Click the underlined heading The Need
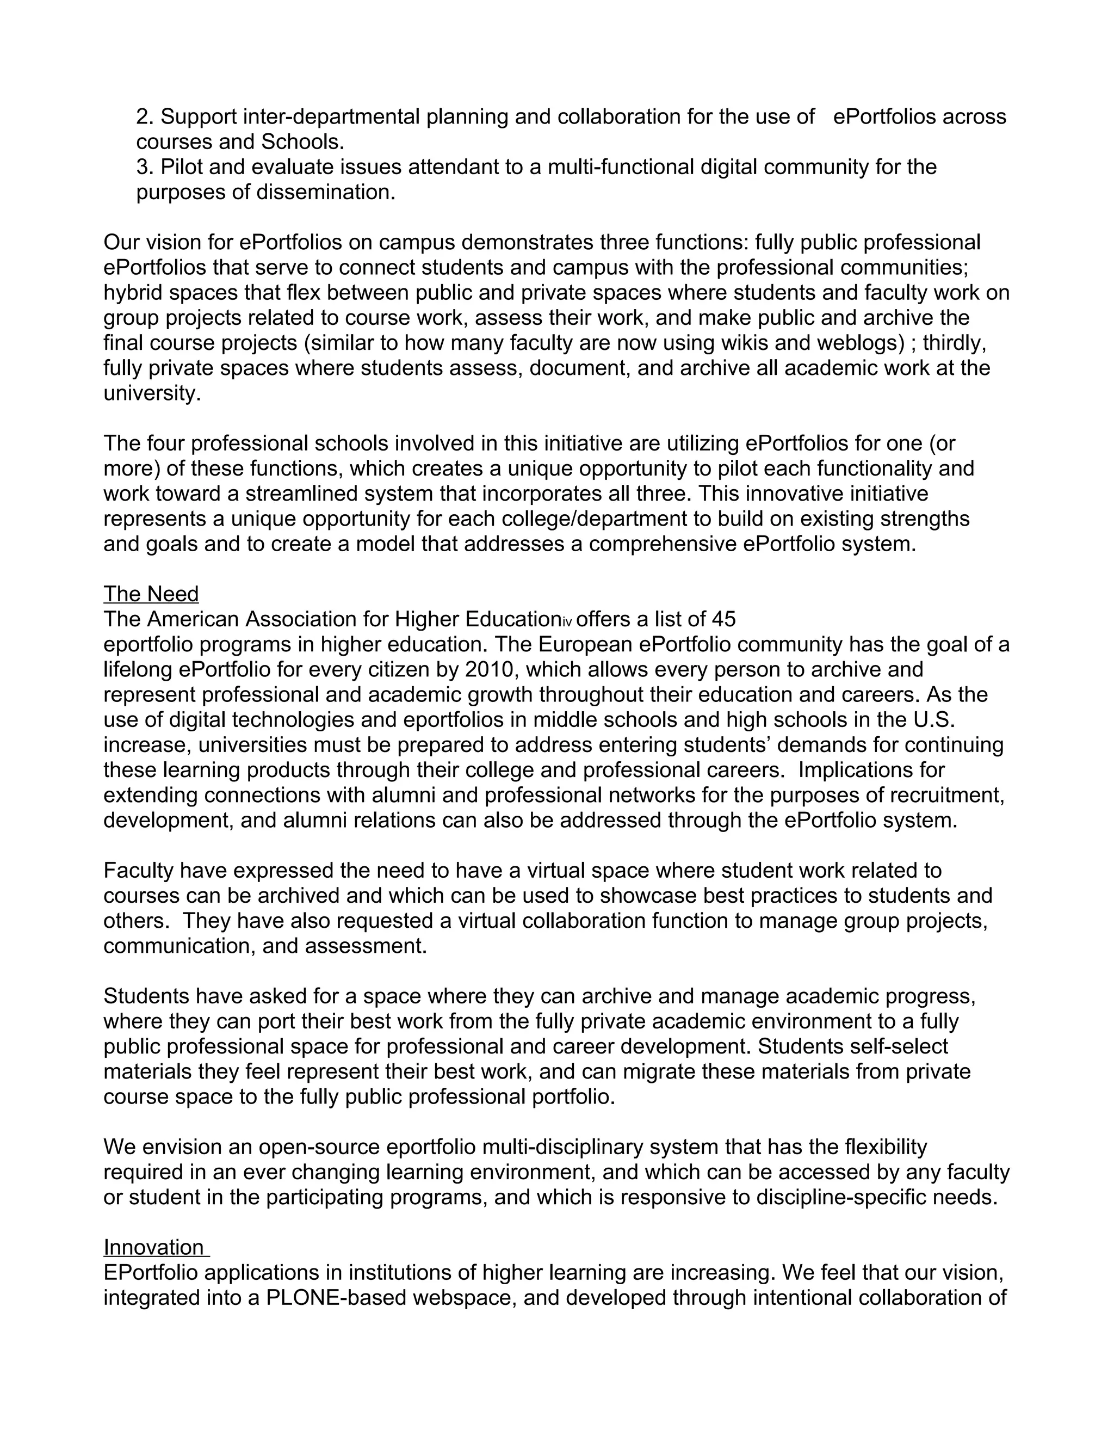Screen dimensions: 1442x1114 [151, 594]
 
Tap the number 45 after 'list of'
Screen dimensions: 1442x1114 [723, 619]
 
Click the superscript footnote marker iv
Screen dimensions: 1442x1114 [567, 622]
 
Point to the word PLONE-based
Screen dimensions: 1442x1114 [337, 1298]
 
